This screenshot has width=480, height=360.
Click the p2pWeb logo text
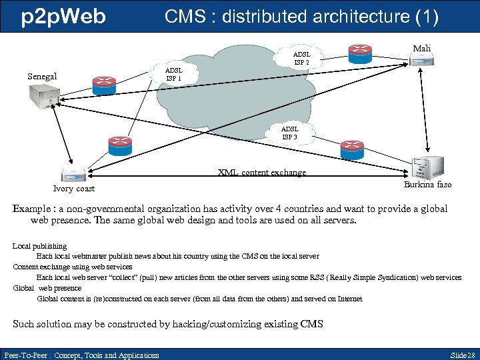[x=63, y=17]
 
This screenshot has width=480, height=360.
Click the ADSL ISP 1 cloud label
[x=173, y=73]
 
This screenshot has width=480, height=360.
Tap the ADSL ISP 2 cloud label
[x=302, y=57]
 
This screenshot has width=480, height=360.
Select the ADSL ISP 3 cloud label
[x=289, y=133]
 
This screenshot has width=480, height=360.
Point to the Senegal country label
[x=42, y=76]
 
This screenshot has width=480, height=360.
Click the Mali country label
[x=422, y=48]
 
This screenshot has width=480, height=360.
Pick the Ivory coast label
[x=74, y=188]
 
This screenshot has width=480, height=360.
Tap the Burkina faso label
[x=427, y=184]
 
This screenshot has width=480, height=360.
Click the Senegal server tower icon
[x=43, y=99]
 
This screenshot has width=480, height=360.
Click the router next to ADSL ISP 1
[x=107, y=83]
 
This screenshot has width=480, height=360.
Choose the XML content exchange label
[x=262, y=173]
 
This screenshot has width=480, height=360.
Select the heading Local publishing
[x=40, y=246]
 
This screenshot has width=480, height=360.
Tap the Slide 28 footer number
[x=463, y=355]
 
